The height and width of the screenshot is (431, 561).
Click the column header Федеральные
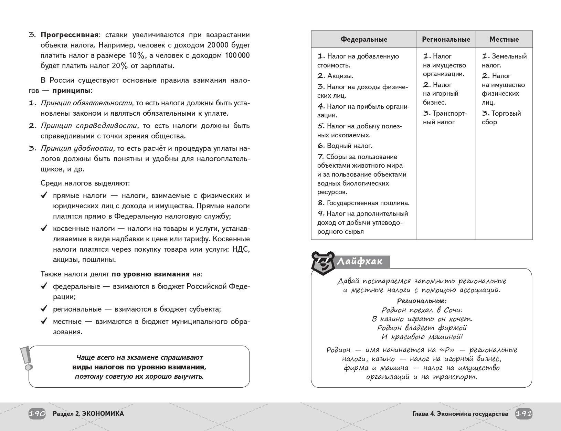[x=364, y=39]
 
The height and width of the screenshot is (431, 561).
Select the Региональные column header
[x=446, y=39]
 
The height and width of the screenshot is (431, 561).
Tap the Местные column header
[x=504, y=39]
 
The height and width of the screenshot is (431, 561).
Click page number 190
[x=37, y=414]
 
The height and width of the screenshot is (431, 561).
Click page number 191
[x=524, y=414]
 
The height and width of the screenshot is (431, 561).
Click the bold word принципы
[x=72, y=91]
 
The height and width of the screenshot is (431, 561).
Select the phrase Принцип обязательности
[x=86, y=103]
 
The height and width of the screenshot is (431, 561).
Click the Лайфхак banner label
[x=360, y=262]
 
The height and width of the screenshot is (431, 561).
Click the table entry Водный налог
[x=349, y=146]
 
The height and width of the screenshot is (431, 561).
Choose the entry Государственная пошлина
[x=368, y=203]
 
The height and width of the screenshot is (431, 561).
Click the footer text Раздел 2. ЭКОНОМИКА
[x=88, y=414]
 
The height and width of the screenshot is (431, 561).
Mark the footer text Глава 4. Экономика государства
[x=460, y=414]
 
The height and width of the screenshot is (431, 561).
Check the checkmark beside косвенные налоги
[x=44, y=228]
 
